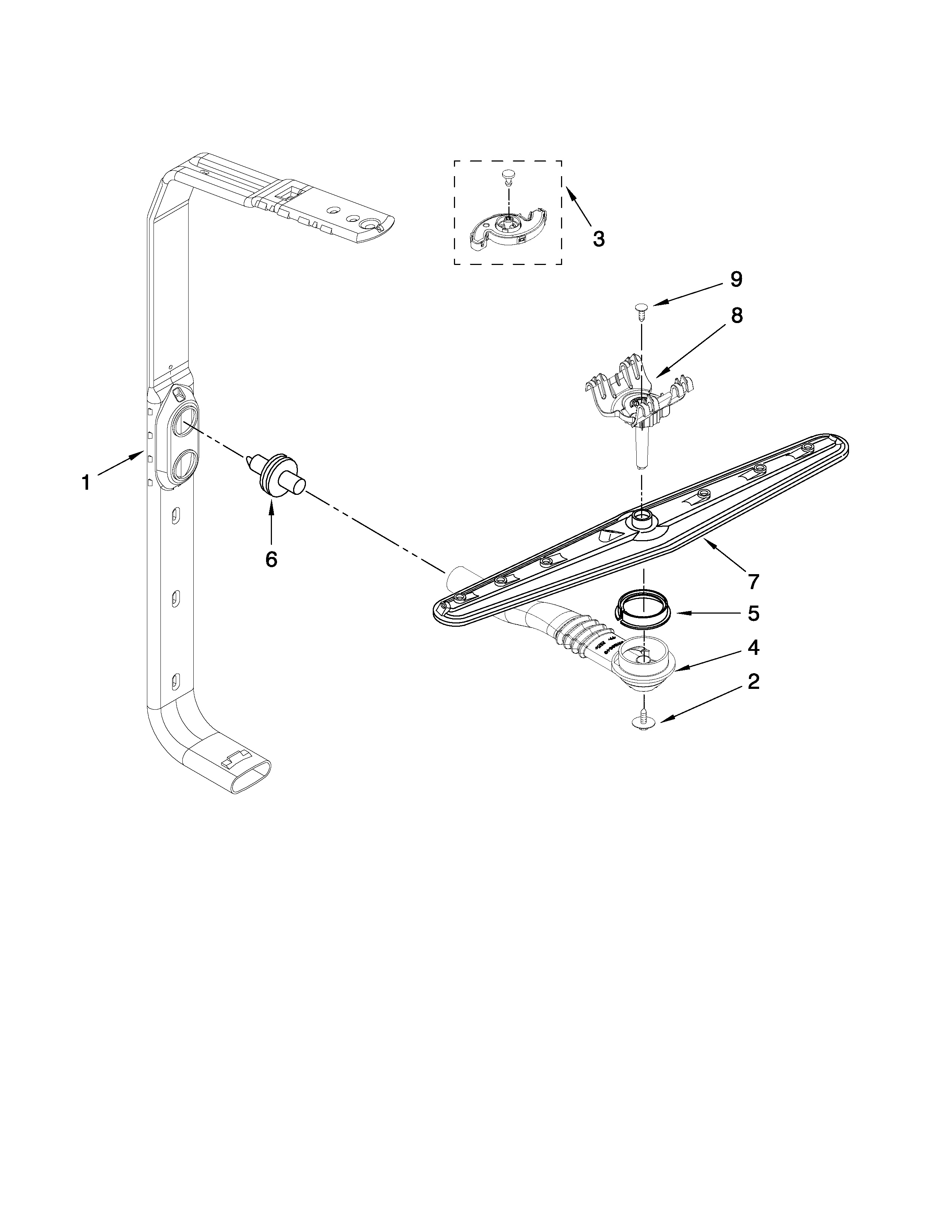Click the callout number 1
(86, 483)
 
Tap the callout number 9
(736, 280)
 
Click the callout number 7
(753, 581)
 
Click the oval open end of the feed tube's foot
(251, 777)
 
